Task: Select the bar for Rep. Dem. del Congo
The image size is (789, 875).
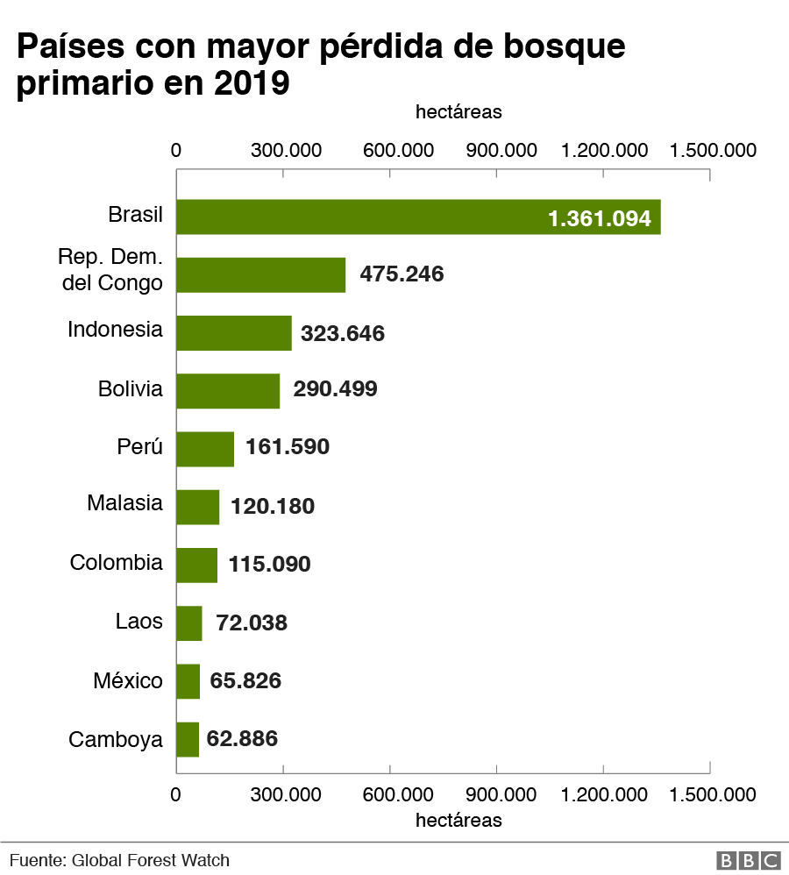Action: tap(260, 274)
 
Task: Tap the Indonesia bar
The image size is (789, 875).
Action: tap(233, 332)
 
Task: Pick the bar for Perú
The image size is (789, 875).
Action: tap(205, 448)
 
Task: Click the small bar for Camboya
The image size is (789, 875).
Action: tap(188, 739)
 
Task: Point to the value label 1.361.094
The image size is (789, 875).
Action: tap(599, 217)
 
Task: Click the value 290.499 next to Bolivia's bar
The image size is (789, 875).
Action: tap(335, 389)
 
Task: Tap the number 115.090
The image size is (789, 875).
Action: tap(269, 564)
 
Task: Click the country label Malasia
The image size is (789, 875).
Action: tap(124, 503)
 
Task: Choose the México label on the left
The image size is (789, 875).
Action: tap(128, 680)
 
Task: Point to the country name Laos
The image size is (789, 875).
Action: tap(139, 622)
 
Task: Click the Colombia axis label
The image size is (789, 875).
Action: tap(117, 562)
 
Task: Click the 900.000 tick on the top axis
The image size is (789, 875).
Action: tap(501, 150)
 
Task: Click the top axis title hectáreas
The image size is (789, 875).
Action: tap(458, 112)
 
